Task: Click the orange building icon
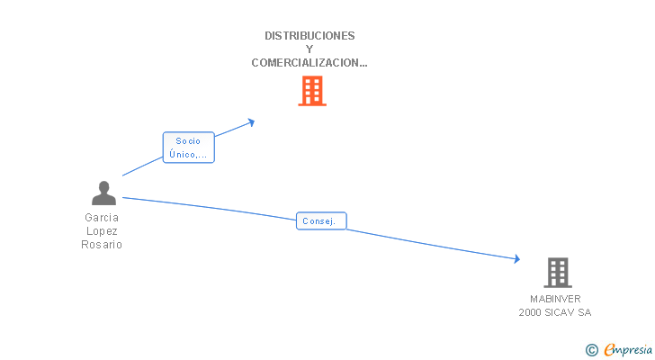coord(311,91)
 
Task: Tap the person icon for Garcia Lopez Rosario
coord(104,193)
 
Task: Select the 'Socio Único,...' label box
coord(189,148)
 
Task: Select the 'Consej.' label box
coord(321,220)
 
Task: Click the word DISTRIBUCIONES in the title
coord(310,36)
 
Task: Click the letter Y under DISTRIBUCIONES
coord(310,49)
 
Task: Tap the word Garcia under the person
coord(102,217)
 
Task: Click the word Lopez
coord(102,230)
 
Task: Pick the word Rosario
coord(102,244)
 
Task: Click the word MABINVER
coord(555,299)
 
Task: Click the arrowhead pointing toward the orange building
coord(251,121)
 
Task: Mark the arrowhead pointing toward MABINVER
coord(516,259)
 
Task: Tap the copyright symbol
coord(591,350)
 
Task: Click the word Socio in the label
coord(188,141)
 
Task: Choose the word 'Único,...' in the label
coord(188,155)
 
